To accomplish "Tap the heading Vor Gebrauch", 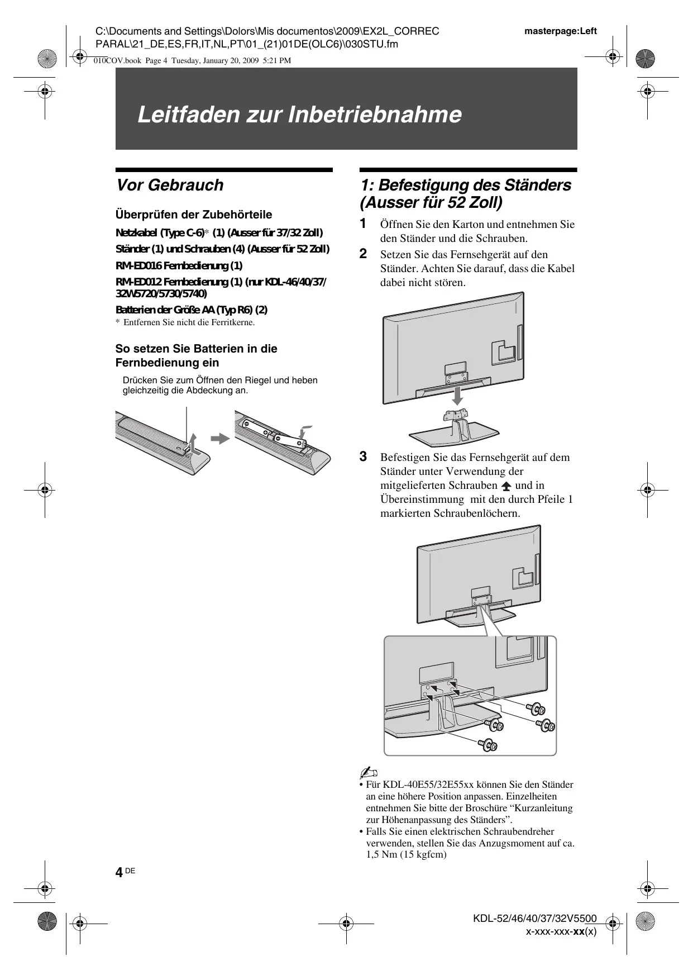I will click(169, 185).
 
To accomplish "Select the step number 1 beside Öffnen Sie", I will click(363, 224).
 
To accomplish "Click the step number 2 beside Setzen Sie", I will click(363, 254).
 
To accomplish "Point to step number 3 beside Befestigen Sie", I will click(363, 457).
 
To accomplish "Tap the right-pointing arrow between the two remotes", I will click(221, 438).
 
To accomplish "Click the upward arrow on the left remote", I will click(192, 444).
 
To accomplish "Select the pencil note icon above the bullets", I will click(368, 773).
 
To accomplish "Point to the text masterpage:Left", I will click(560, 31).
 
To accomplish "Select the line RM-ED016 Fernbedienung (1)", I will click(179, 265).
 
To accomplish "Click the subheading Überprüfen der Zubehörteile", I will click(193, 215).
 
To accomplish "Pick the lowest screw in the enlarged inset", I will click(488, 744).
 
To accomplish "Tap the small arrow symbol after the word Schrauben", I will click(506, 486).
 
